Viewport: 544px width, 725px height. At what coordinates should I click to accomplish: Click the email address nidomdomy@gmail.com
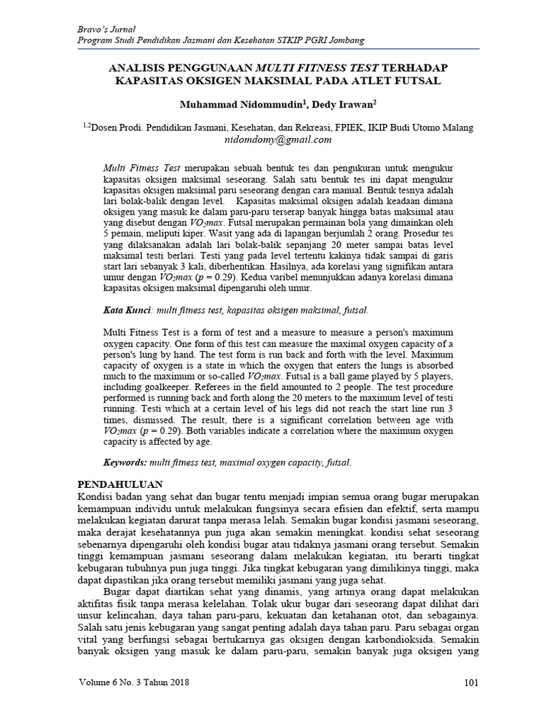coord(278,139)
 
